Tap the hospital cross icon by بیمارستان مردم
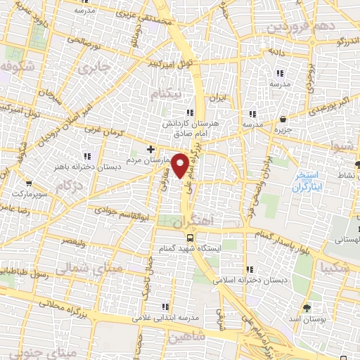[x=151, y=149]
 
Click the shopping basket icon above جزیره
[x=283, y=119]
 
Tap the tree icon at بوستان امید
[x=307, y=308]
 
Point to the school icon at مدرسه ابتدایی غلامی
[x=165, y=307]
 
